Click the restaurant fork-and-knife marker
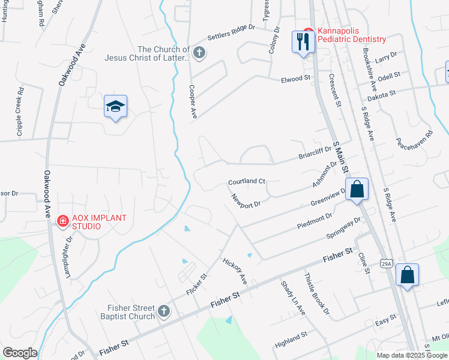coord(303,41)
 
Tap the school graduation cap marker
coord(115,106)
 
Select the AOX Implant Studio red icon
coord(62,221)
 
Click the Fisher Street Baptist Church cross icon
coord(164,311)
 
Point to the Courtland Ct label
coord(246,181)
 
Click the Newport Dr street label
coord(246,200)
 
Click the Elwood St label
coord(295,79)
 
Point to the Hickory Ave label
coord(235,272)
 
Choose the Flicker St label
coord(196,284)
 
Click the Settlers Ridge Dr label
coord(231,32)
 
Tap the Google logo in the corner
coord(19,353)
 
